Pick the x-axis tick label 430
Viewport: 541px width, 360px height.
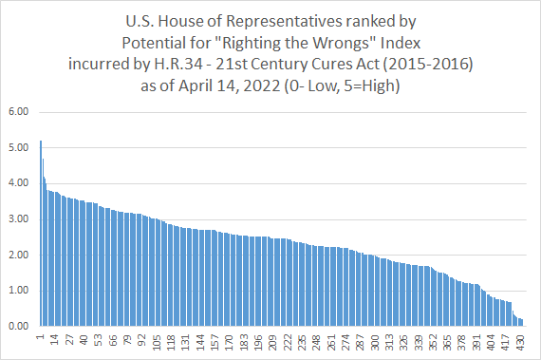520,340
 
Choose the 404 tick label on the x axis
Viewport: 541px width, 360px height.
491,340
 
